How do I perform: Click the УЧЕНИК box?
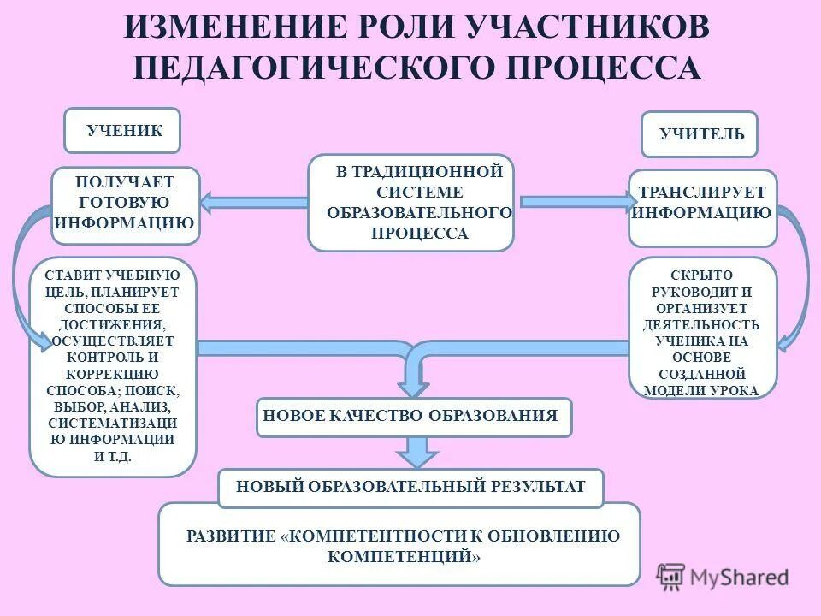click(122, 130)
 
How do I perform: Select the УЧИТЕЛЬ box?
click(700, 134)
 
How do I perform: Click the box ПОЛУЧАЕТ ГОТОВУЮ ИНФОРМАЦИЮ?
click(125, 204)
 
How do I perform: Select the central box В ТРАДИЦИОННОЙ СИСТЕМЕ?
click(410, 202)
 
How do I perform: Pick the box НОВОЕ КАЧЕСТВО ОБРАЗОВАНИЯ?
click(414, 417)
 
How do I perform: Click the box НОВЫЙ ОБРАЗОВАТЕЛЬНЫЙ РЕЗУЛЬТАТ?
click(410, 487)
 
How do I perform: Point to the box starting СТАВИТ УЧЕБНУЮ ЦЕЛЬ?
click(113, 366)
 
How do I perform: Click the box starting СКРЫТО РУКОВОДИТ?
click(702, 328)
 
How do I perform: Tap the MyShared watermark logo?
click(723, 577)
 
